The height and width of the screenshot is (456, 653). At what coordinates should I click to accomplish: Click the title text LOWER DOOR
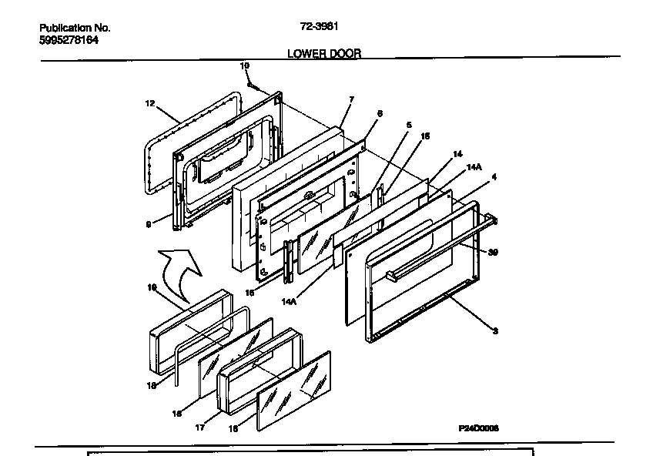[323, 53]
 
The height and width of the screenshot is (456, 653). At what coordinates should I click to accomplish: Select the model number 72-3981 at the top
[318, 26]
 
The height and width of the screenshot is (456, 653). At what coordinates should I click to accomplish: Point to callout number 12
[150, 102]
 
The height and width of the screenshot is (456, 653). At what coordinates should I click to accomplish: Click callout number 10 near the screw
[245, 67]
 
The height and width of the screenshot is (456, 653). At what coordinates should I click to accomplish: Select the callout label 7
[351, 100]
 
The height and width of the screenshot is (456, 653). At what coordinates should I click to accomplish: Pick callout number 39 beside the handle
[492, 252]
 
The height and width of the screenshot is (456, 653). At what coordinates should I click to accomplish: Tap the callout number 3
[494, 330]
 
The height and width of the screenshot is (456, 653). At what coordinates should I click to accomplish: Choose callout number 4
[494, 177]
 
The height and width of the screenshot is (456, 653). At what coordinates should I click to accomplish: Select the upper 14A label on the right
[474, 166]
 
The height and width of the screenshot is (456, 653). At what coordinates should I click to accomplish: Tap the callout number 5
[409, 125]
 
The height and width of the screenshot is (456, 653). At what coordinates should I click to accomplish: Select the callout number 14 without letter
[457, 153]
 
